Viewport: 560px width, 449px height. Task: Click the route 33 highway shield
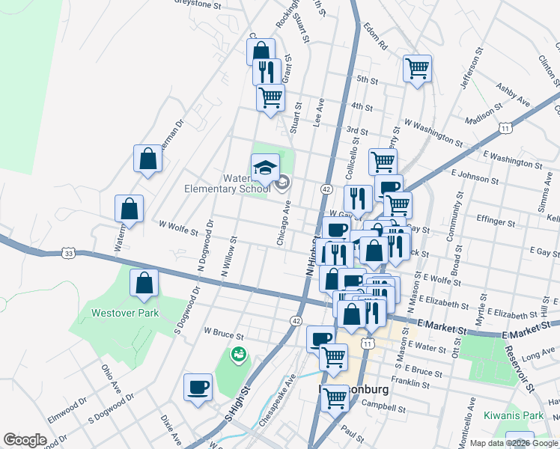point(69,254)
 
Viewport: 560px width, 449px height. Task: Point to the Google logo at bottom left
point(25,440)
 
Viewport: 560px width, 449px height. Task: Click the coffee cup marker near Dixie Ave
point(198,387)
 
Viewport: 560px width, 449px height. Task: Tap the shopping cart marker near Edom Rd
point(417,69)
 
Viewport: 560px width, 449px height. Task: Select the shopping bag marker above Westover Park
point(144,284)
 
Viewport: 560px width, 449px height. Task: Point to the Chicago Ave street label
point(285,227)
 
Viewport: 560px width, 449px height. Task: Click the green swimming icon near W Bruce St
point(239,353)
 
